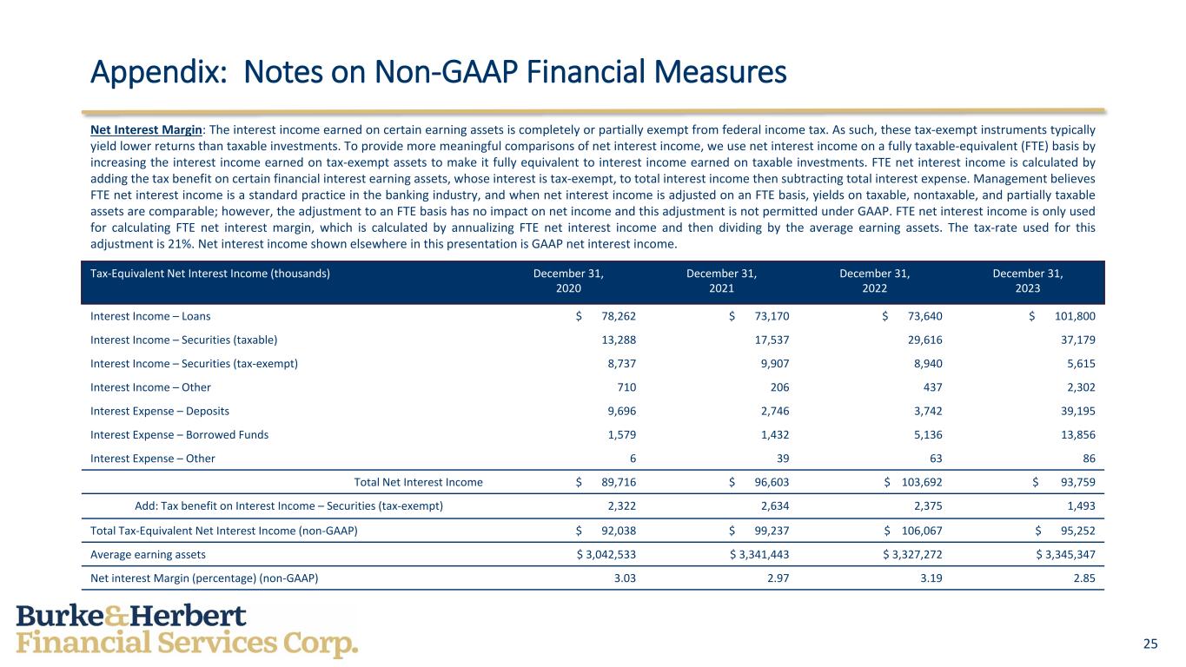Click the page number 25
pyautogui.click(x=1150, y=644)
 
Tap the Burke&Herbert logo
pyautogui.click(x=187, y=631)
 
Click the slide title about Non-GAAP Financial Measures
pyautogui.click(x=438, y=72)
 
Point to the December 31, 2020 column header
pyautogui.click(x=568, y=281)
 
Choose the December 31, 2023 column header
pyautogui.click(x=1028, y=281)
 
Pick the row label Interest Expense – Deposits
pyautogui.click(x=160, y=411)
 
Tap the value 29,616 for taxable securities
pyautogui.click(x=922, y=340)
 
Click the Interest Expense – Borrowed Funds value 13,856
pyautogui.click(x=1077, y=434)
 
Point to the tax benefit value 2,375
pyautogui.click(x=924, y=506)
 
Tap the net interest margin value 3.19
pyautogui.click(x=931, y=578)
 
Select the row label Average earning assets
pyautogui.click(x=148, y=554)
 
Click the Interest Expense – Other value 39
pyautogui.click(x=780, y=459)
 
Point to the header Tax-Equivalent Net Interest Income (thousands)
pyautogui.click(x=209, y=273)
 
